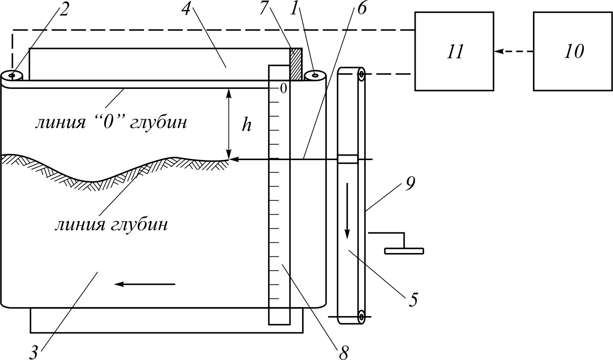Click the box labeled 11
click(x=454, y=51)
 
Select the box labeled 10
click(x=573, y=51)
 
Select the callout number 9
click(x=410, y=184)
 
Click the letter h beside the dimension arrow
click(x=246, y=126)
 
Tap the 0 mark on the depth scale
click(x=284, y=88)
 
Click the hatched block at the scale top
click(x=296, y=64)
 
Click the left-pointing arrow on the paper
click(x=145, y=284)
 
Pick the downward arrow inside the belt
click(x=347, y=211)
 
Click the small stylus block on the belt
click(x=347, y=159)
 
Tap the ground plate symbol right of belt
click(x=404, y=250)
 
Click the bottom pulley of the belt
click(x=361, y=317)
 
